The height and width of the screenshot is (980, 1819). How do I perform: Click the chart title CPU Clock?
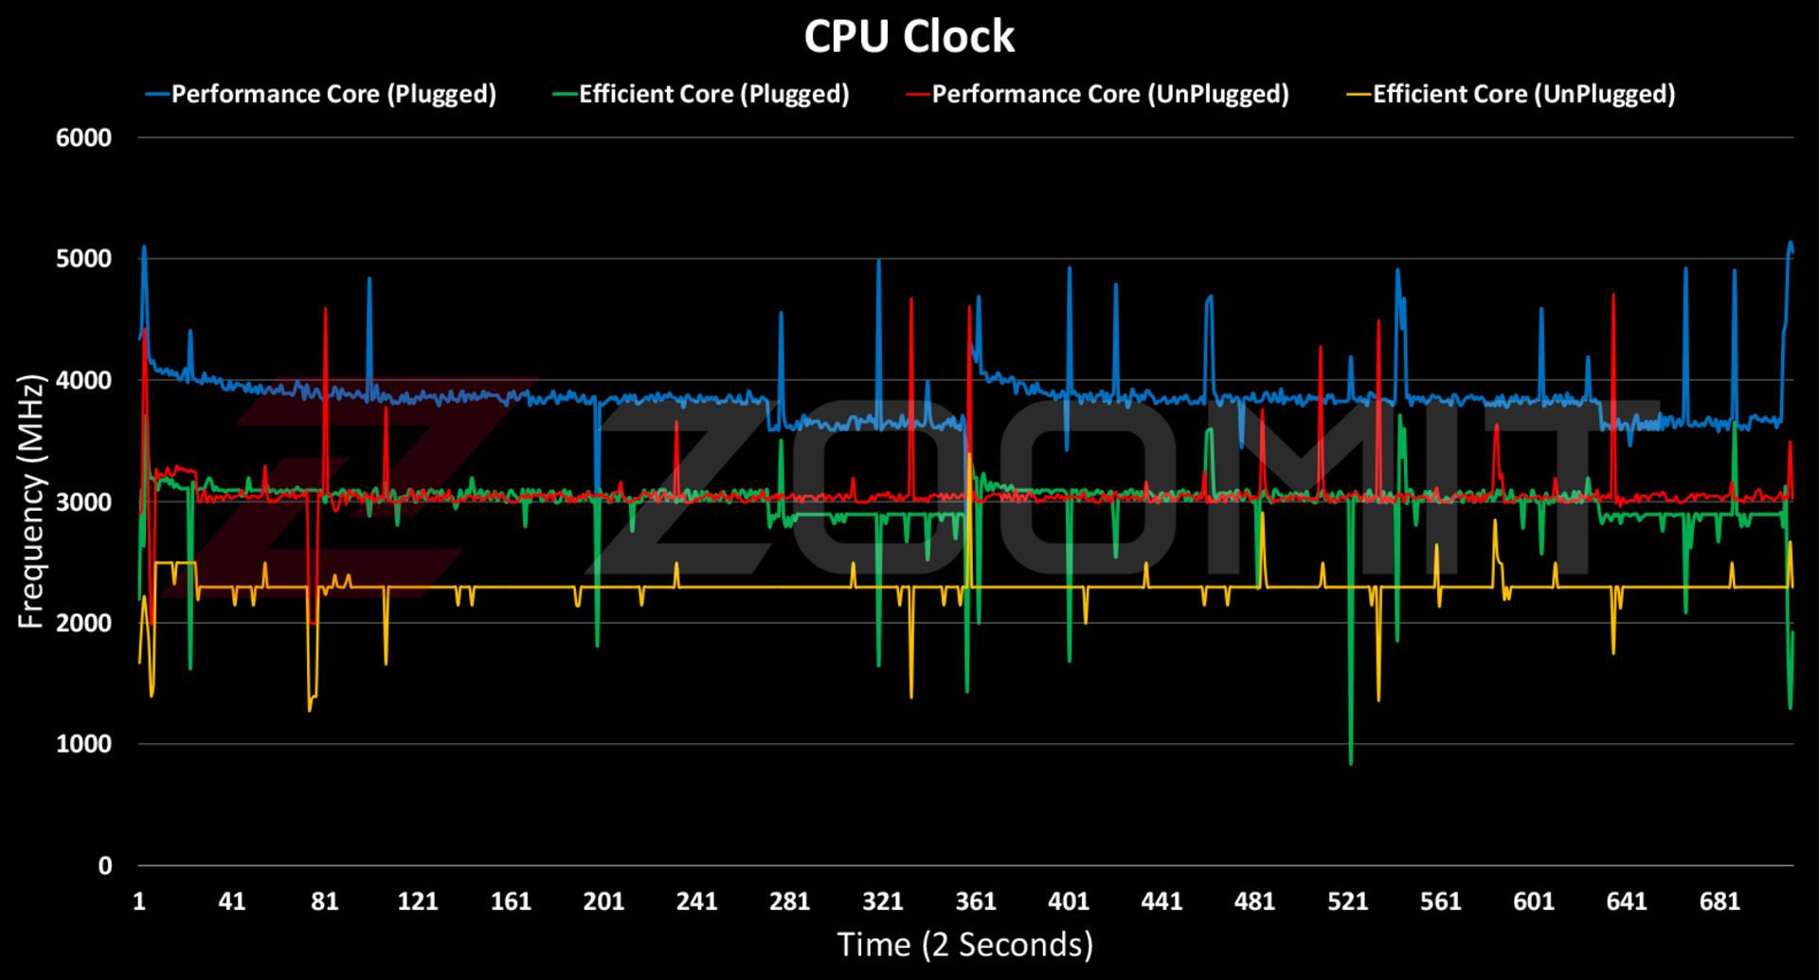(x=909, y=37)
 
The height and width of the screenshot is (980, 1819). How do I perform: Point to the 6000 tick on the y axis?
(x=83, y=137)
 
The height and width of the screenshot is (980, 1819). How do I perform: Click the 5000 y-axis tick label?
(x=83, y=259)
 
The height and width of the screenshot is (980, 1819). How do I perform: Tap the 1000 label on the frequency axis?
(x=83, y=744)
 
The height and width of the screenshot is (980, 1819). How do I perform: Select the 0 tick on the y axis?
(x=104, y=865)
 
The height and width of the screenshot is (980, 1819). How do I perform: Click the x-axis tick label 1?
(x=139, y=900)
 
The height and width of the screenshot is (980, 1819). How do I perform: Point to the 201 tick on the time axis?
(x=603, y=900)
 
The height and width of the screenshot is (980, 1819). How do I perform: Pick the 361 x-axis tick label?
(x=976, y=900)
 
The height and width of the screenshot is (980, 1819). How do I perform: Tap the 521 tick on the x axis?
(x=1347, y=900)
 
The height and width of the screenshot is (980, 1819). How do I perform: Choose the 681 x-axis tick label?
(x=1720, y=900)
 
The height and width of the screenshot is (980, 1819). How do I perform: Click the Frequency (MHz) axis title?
(x=31, y=501)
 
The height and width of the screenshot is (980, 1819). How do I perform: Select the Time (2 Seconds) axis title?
(x=964, y=945)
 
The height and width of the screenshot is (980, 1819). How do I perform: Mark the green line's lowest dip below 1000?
(x=1350, y=763)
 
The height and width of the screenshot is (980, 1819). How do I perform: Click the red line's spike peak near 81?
(x=325, y=309)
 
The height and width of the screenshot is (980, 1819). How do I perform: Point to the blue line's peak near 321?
(x=879, y=260)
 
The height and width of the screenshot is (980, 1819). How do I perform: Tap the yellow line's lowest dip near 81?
(x=310, y=710)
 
